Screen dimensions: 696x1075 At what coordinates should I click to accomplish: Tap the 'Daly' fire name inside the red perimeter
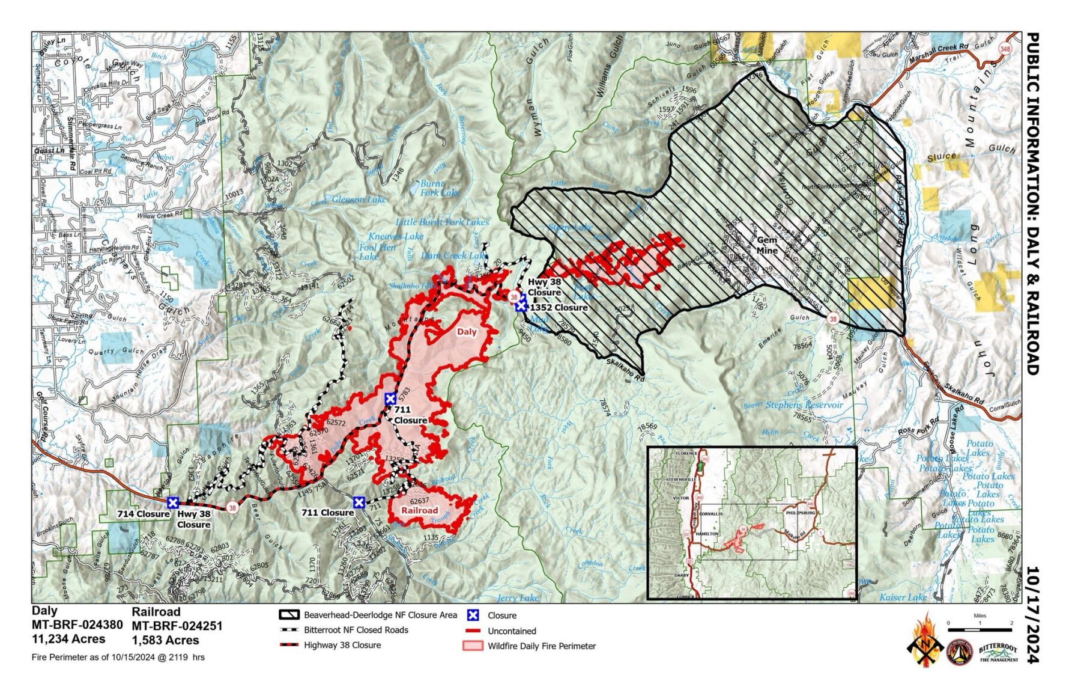pos(467,332)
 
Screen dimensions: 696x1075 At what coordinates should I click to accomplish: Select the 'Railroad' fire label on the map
pos(420,510)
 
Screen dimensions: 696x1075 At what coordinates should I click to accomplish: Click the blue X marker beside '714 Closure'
pos(173,502)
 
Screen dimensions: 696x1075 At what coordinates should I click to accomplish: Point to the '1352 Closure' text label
pos(559,307)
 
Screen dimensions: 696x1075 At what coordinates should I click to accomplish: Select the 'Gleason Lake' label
pos(359,200)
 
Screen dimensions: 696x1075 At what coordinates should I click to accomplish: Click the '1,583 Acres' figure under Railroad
pos(165,640)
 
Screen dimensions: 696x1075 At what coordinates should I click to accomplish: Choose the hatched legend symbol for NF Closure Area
pos(289,615)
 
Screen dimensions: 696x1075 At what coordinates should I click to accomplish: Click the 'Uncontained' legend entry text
pos(512,631)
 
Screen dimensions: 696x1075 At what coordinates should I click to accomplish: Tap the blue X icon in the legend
pos(473,615)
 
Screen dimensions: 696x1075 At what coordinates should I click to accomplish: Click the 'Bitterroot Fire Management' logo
pos(998,653)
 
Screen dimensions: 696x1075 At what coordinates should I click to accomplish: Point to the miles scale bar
pos(980,629)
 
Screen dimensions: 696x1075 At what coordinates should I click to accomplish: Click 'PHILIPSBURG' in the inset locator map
pos(801,513)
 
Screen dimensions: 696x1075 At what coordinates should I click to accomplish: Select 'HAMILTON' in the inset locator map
pos(706,533)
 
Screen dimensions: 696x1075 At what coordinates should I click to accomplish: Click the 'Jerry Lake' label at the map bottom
pos(518,598)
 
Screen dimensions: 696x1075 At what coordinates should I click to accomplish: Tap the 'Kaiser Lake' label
pos(903,597)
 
